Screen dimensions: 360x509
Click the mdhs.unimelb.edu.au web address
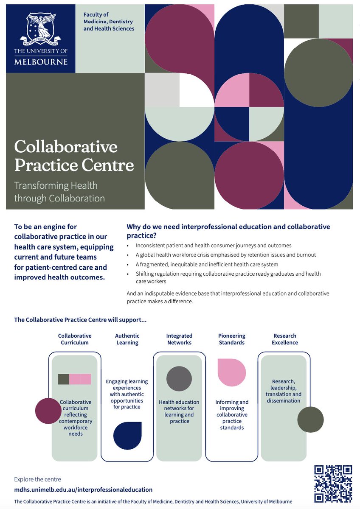point(83,489)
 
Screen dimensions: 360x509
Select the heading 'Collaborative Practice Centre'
point(74,156)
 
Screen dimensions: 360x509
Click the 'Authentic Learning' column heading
point(127,339)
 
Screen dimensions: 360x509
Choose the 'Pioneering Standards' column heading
point(232,339)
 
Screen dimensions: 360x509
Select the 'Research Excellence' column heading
point(285,339)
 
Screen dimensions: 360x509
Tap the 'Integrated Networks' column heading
point(179,339)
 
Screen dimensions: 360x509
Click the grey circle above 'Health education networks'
point(179,378)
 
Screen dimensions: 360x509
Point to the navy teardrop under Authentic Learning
point(127,435)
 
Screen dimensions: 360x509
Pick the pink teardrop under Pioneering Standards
point(232,372)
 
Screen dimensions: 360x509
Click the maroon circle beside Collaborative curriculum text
point(48,411)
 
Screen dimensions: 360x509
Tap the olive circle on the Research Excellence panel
point(310,420)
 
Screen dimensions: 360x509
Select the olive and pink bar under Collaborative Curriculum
point(75,379)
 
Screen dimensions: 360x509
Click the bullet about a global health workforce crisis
point(225,255)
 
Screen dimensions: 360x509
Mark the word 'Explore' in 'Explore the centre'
point(23,479)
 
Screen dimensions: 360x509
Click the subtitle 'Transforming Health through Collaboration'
point(59,192)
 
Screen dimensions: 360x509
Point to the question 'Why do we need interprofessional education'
point(228,231)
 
